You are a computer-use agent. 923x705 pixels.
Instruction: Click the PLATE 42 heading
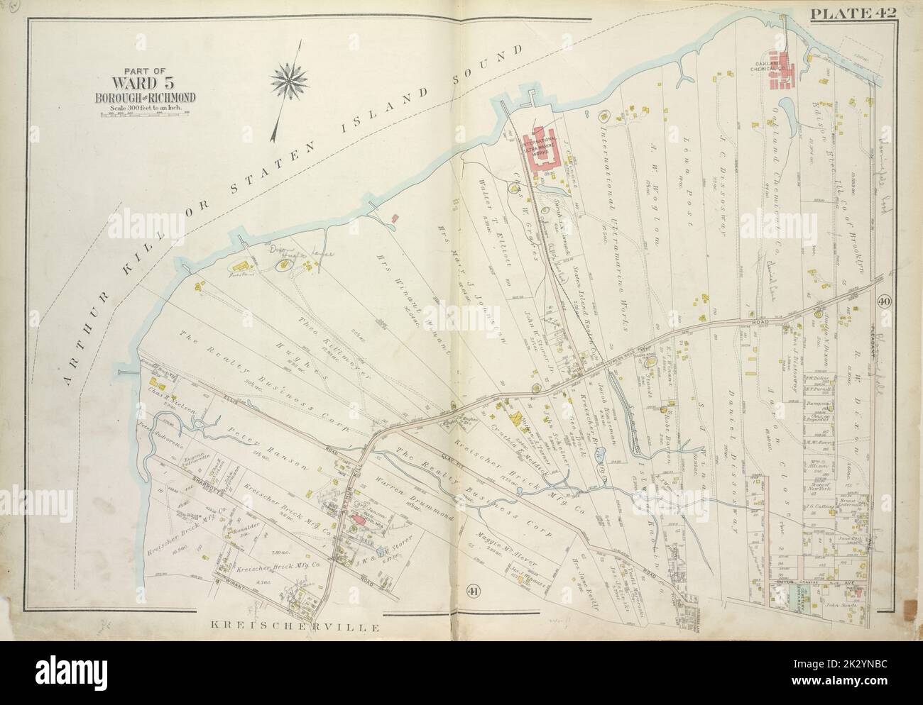coord(862,12)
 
